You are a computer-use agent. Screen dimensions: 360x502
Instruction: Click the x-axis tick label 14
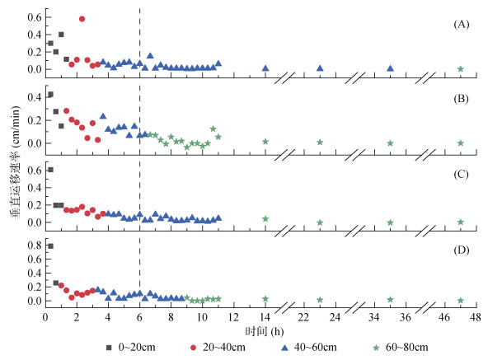pos(265,317)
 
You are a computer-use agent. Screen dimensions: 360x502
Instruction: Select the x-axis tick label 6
pos(139,317)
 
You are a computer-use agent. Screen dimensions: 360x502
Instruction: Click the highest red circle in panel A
pos(82,18)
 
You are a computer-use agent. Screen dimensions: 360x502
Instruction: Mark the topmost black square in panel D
pos(50,245)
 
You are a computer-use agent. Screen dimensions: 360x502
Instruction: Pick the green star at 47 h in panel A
pos(460,68)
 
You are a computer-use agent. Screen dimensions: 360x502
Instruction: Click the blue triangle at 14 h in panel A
pos(265,68)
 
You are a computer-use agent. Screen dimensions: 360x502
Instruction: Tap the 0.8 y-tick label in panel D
pos(34,245)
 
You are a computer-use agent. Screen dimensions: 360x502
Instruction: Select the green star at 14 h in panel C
pos(265,219)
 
